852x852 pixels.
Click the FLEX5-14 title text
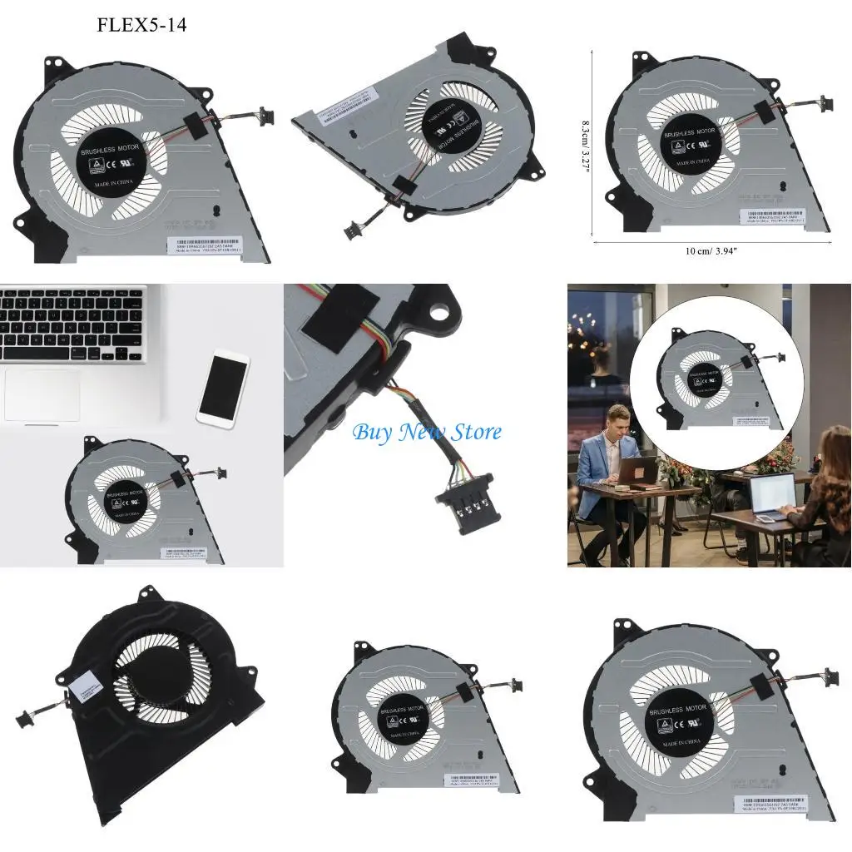[x=141, y=25]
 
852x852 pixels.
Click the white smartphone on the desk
[x=223, y=389]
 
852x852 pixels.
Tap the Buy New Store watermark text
[x=427, y=433]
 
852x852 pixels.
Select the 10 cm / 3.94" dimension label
[x=711, y=251]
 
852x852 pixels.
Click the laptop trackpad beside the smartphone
[x=42, y=394]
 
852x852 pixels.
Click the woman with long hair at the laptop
[x=824, y=491]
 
